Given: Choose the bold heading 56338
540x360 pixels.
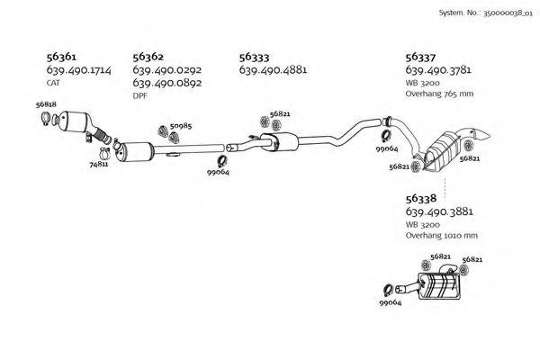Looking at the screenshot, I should [x=421, y=198].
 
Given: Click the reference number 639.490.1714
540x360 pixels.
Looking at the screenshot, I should [x=78, y=70].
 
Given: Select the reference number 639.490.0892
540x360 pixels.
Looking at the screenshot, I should [x=166, y=83].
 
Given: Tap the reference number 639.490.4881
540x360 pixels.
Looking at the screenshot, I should [x=274, y=70].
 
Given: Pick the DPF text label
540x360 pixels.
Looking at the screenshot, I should [x=139, y=94].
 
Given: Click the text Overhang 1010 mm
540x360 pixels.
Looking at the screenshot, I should [x=441, y=236].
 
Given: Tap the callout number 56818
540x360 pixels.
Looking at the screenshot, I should [x=47, y=105].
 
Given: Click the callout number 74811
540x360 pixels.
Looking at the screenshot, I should [x=99, y=164].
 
